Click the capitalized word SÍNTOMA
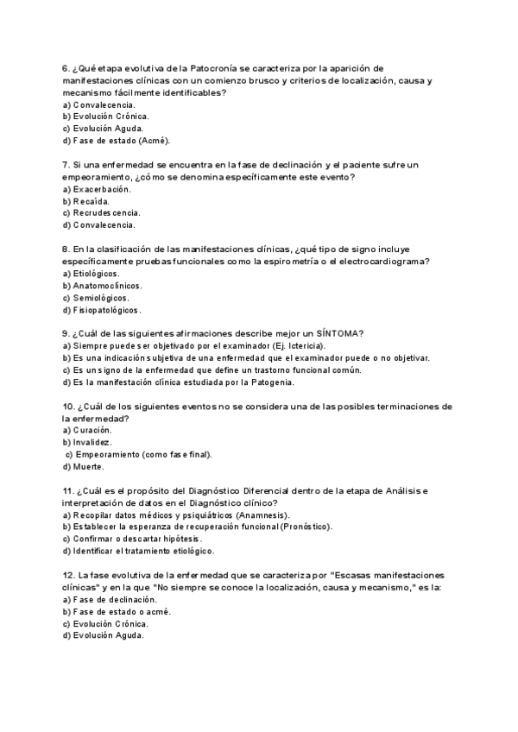pos(333,334)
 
